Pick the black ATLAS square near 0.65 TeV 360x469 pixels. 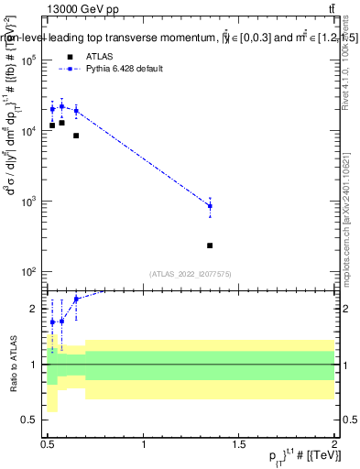point(76,136)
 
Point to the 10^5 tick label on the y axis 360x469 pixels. point(27,60)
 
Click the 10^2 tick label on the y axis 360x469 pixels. point(27,272)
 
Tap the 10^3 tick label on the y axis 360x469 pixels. point(27,202)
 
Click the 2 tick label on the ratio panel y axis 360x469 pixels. point(34,309)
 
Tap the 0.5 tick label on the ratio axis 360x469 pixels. point(29,420)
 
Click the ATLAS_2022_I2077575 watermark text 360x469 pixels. point(190,274)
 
